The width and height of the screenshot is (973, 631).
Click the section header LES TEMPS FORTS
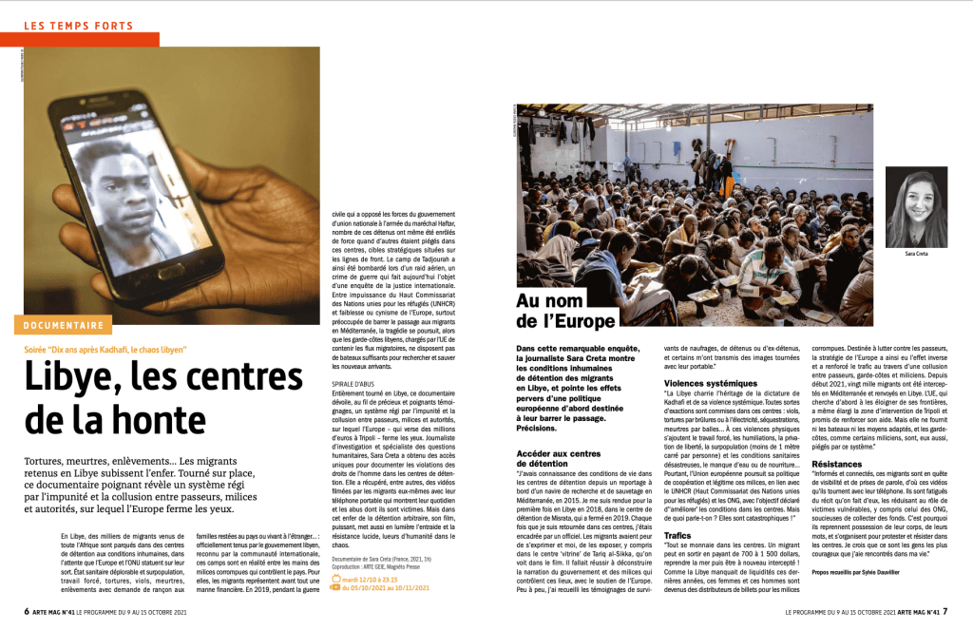tap(77, 26)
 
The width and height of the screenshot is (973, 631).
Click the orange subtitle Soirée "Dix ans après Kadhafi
tap(105, 350)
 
